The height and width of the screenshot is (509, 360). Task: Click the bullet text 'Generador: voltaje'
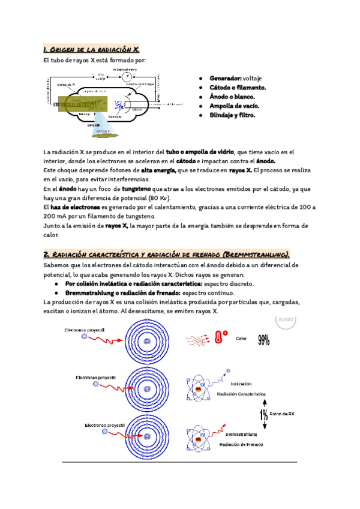(235, 79)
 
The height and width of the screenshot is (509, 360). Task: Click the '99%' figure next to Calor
(263, 340)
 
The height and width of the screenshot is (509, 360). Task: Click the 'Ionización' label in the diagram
(241, 384)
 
